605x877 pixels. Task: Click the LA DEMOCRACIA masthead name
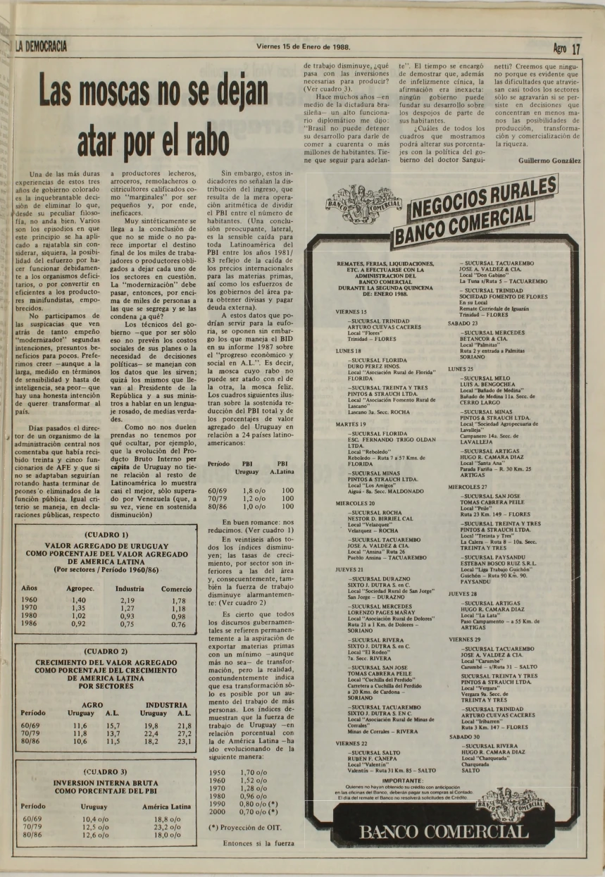click(x=41, y=47)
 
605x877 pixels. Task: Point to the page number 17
click(x=577, y=49)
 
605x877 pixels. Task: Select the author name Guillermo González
click(x=549, y=161)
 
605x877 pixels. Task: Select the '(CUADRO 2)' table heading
click(x=106, y=652)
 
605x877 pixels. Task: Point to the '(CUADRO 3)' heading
click(x=106, y=772)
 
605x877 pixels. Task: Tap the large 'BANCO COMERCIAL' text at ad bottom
click(x=443, y=831)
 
